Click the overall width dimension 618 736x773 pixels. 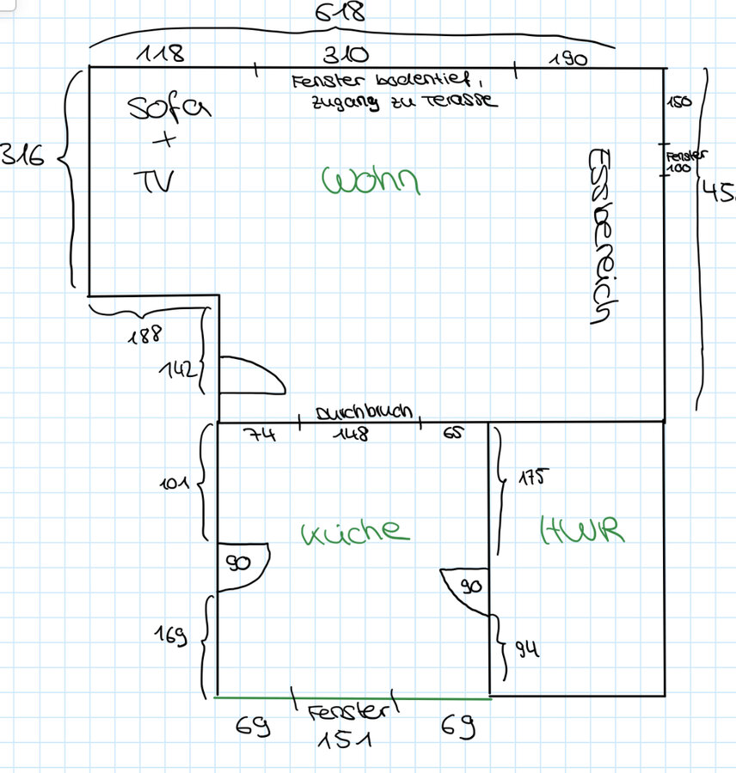(x=340, y=12)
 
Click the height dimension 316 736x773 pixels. (x=24, y=156)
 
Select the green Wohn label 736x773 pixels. (x=371, y=181)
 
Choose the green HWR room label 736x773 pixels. (x=581, y=530)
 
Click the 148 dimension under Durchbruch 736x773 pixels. (x=353, y=435)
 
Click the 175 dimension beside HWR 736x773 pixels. (x=531, y=477)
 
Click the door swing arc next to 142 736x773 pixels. (x=253, y=376)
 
